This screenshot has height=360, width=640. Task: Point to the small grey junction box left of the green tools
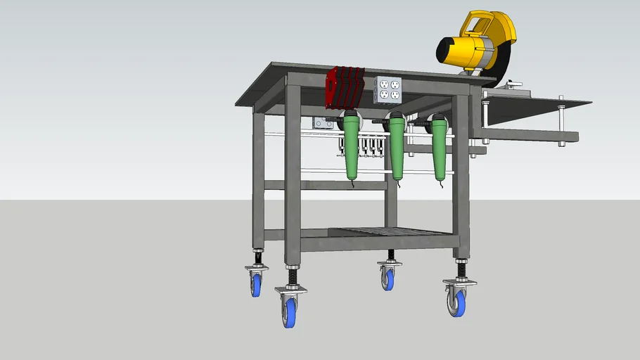pyautogui.click(x=322, y=123)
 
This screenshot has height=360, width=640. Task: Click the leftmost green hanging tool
pyautogui.click(x=352, y=148)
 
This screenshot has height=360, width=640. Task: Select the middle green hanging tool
pyautogui.click(x=396, y=148)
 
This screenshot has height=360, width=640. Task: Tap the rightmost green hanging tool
pyautogui.click(x=440, y=148)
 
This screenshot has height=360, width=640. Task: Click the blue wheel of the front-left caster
pyautogui.click(x=289, y=311)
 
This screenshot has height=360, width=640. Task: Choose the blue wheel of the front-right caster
pyautogui.click(x=458, y=303)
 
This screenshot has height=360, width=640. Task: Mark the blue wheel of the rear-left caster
pyautogui.click(x=256, y=284)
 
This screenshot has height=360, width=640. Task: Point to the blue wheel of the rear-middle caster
pyautogui.click(x=388, y=278)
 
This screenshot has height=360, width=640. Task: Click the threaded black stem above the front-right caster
pyautogui.click(x=462, y=269)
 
